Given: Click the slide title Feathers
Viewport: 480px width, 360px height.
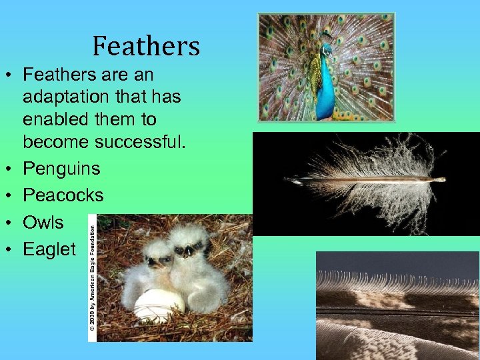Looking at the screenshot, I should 146,46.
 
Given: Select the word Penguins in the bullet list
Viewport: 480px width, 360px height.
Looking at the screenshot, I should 61,169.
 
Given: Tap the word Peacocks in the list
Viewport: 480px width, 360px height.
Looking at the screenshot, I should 63,195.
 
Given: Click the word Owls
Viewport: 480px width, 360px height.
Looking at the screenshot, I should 43,222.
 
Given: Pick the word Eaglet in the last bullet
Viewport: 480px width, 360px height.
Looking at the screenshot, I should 49,249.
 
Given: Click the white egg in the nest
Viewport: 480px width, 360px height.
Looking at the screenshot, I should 159,305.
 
